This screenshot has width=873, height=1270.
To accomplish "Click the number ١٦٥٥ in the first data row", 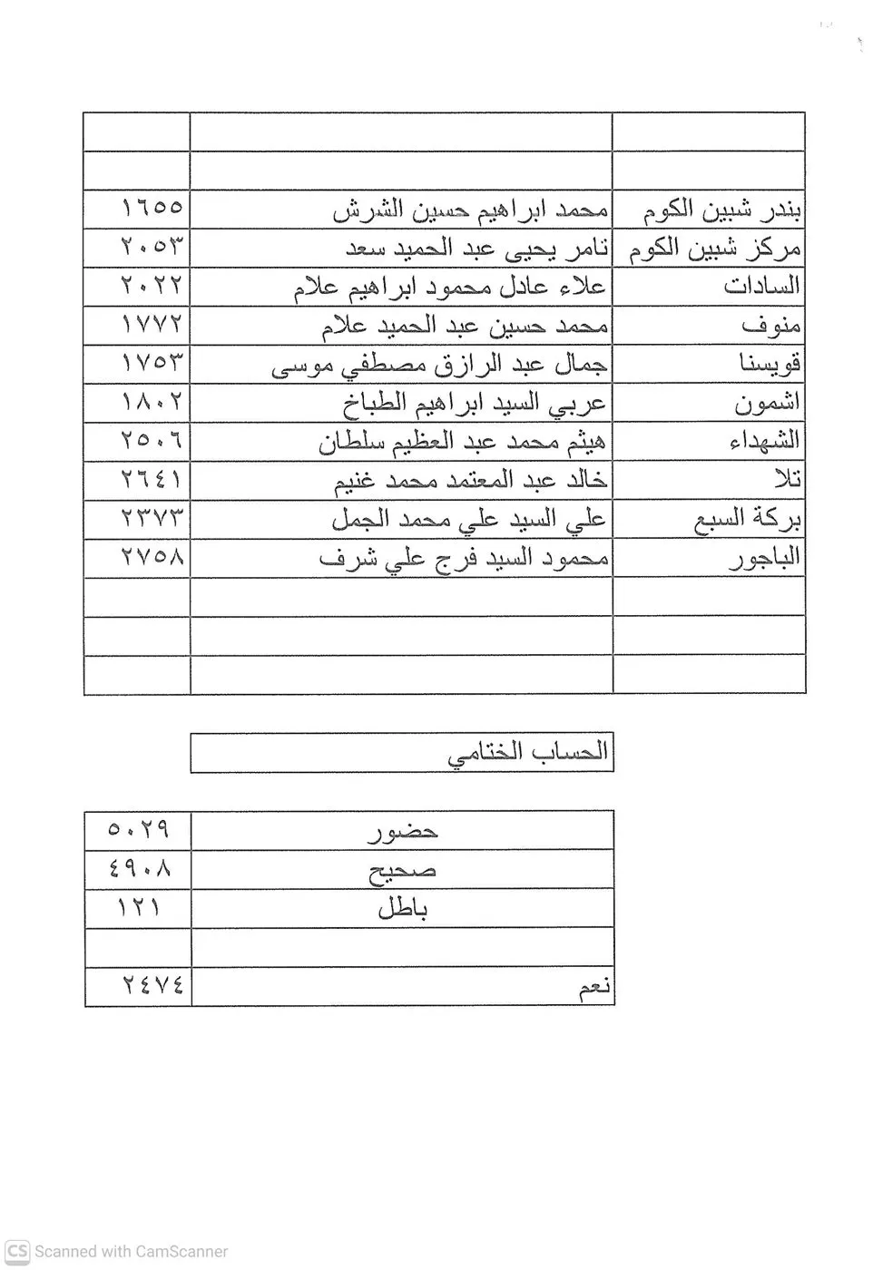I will [152, 209].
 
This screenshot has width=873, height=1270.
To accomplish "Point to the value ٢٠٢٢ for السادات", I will [152, 286].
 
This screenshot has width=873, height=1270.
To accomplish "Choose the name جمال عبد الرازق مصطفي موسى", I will [440, 365].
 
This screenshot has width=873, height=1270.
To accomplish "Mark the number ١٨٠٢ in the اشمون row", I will [152, 402].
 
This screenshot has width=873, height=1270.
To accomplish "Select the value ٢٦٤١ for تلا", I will [152, 479].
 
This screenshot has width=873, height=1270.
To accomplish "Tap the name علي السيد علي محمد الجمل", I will [469, 519].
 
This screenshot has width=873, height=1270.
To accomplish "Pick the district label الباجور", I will [765, 557].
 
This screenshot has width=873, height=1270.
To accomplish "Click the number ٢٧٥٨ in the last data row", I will [152, 556].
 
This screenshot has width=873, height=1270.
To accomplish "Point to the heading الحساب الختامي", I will [528, 753].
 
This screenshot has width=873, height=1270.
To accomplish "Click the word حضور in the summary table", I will [402, 831].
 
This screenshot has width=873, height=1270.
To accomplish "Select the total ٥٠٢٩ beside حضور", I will [139, 829].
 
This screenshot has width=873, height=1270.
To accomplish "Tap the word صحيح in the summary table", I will [402, 870].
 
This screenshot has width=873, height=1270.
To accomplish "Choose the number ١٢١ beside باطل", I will [139, 906].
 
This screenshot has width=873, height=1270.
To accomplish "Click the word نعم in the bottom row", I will [594, 989].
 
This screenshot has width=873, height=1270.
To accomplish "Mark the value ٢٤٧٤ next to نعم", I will [152, 985].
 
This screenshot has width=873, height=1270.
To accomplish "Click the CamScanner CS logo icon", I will [17, 1251].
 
